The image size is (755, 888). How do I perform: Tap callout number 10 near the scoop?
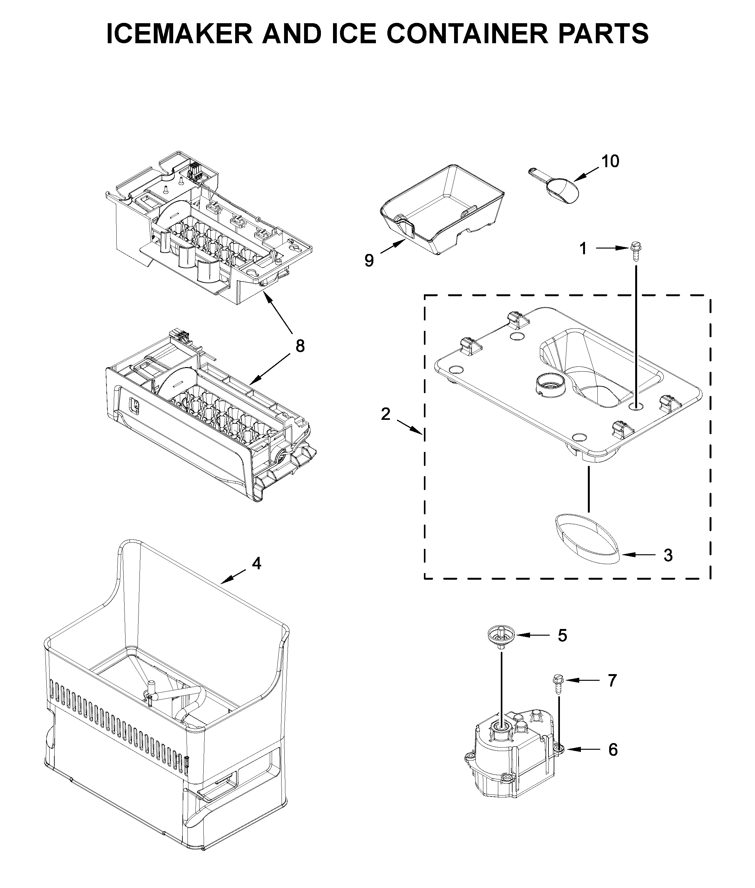(x=610, y=161)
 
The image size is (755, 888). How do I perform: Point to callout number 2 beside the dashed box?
(x=386, y=414)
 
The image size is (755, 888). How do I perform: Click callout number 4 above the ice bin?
(x=256, y=564)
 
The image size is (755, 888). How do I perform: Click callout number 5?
(x=562, y=635)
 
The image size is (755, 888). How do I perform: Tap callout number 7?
(x=612, y=680)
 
